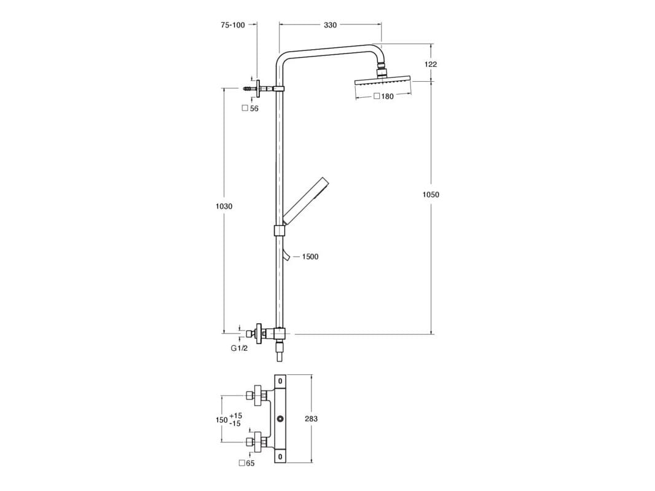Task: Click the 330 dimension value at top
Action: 330,25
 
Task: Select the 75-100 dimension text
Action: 232,25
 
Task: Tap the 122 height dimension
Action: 431,64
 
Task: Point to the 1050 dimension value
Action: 431,195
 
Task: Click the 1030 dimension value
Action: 224,206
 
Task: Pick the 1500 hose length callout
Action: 310,257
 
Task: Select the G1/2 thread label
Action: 239,348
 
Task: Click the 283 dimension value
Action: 311,418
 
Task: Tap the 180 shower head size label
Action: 386,96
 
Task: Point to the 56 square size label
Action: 254,108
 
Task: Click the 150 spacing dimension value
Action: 221,420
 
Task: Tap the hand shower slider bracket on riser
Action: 280,230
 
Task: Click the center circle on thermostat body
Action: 280,419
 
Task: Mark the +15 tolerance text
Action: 236,415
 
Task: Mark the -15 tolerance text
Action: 235,424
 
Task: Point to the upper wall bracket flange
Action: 260,89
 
